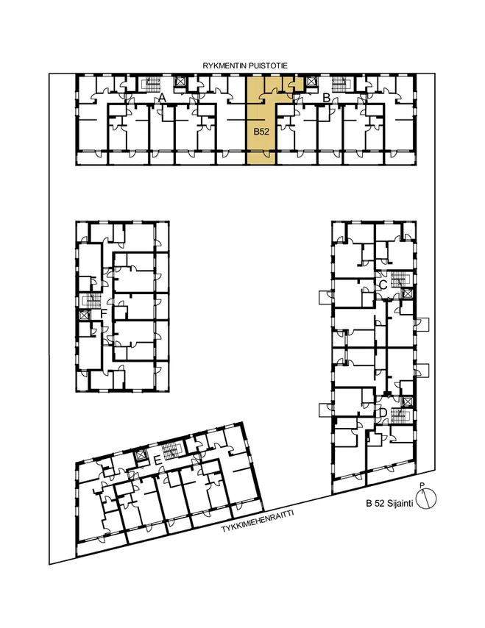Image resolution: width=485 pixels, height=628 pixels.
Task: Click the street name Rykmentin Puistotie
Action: [245, 66]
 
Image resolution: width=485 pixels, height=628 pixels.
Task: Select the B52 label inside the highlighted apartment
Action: [261, 132]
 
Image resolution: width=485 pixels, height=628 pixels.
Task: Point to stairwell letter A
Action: [163, 97]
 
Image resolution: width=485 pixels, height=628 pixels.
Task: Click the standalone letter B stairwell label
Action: [326, 97]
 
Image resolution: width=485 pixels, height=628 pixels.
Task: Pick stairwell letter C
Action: [383, 285]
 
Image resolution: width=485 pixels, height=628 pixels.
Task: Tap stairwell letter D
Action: [383, 412]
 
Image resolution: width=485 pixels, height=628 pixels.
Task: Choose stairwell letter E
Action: [158, 460]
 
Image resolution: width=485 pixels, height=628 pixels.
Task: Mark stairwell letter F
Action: [104, 313]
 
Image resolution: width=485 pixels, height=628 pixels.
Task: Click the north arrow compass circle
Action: [425, 499]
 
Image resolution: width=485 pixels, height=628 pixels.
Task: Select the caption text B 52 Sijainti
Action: [389, 504]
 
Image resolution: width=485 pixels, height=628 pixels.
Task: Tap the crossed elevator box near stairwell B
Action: [311, 82]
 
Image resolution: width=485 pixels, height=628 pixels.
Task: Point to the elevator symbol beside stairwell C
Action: [407, 293]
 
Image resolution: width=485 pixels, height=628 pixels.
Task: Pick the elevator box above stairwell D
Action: [407, 402]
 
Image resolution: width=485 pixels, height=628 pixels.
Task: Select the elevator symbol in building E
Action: [141, 456]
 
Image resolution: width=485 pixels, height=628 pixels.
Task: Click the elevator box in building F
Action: [83, 315]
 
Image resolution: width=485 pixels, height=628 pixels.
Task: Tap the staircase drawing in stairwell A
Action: [152, 84]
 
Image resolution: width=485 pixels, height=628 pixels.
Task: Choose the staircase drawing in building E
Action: [172, 451]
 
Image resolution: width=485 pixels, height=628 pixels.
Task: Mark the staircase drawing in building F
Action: [92, 301]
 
